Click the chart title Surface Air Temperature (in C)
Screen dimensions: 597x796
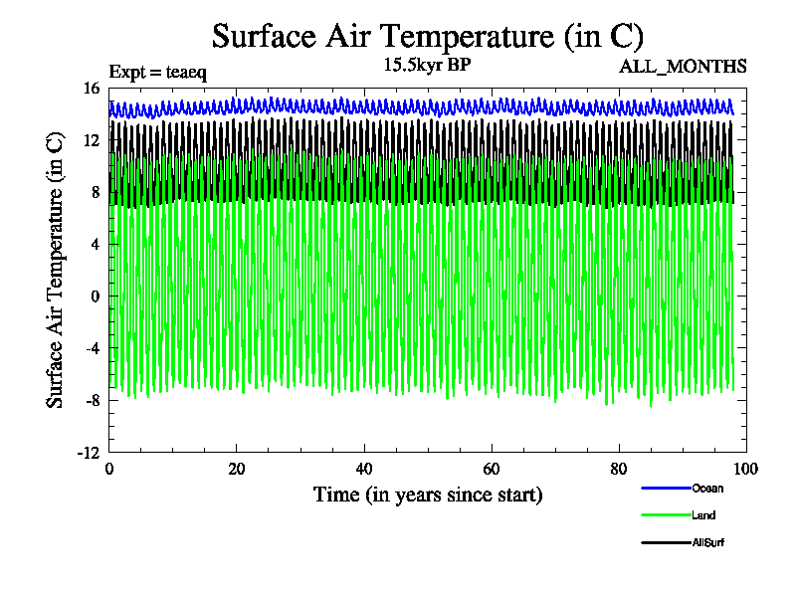click(428, 37)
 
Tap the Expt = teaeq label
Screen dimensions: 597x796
click(157, 72)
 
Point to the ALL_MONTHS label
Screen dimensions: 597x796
click(683, 67)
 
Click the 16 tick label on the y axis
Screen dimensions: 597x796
click(92, 89)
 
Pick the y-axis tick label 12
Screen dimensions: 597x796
click(92, 140)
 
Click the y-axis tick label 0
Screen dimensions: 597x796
click(96, 297)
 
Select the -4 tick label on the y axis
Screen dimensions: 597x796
click(93, 348)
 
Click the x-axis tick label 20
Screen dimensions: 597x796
click(237, 470)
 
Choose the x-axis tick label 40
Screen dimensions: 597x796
click(364, 470)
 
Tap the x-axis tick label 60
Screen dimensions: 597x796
click(492, 470)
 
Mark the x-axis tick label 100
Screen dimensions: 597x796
click(745, 470)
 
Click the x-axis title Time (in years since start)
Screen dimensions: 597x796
click(428, 495)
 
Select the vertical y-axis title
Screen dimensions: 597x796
click(56, 270)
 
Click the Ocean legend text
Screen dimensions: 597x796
click(707, 489)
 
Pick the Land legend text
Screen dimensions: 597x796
click(703, 515)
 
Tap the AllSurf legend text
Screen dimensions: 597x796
click(707, 542)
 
